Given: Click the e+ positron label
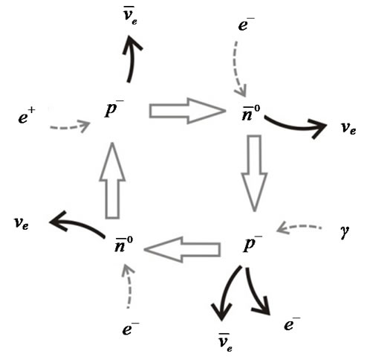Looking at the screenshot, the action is pyautogui.click(x=27, y=115).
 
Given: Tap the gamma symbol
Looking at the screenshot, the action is pyautogui.click(x=345, y=232).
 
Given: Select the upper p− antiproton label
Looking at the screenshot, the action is pyautogui.click(x=114, y=109).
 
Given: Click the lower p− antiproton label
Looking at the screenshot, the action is pyautogui.click(x=252, y=243).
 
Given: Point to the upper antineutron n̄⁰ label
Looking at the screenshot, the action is pyautogui.click(x=251, y=112).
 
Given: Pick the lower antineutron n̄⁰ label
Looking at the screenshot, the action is pyautogui.click(x=123, y=244).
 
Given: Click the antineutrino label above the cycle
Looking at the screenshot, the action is pyautogui.click(x=130, y=16).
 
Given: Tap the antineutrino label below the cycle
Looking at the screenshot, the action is pyautogui.click(x=225, y=343).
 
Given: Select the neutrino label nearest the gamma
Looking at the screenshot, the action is pyautogui.click(x=348, y=128).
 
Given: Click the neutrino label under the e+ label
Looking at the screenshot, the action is pyautogui.click(x=22, y=223).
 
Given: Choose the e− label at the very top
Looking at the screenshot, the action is pyautogui.click(x=246, y=25).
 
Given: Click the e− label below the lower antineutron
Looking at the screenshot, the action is pyautogui.click(x=131, y=329).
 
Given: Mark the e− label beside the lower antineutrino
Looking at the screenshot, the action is pyautogui.click(x=292, y=324).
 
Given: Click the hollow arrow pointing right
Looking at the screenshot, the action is pyautogui.click(x=187, y=111).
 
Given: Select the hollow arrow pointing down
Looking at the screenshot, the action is pyautogui.click(x=254, y=173).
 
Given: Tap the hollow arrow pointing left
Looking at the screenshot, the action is pyautogui.click(x=182, y=249).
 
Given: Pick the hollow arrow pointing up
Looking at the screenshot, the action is pyautogui.click(x=112, y=181).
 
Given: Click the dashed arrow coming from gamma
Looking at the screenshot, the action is pyautogui.click(x=299, y=228).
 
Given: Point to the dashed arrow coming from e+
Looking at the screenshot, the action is pyautogui.click(x=70, y=126).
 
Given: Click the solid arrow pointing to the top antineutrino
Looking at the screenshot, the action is pyautogui.click(x=131, y=59).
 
